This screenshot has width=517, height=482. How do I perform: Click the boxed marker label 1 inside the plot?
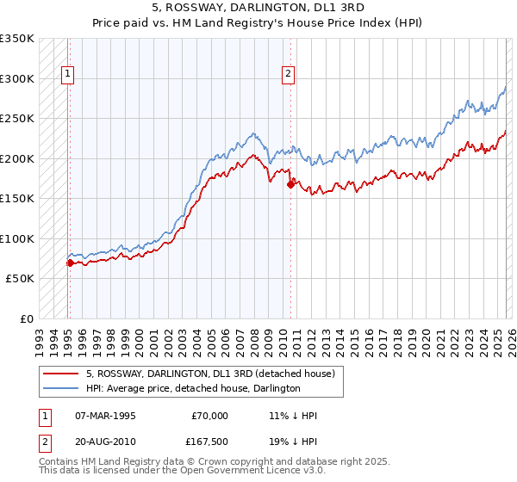[x=68, y=75]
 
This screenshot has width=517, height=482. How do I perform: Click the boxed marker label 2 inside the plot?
[x=288, y=75]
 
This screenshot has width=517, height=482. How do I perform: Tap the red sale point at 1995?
[x=69, y=263]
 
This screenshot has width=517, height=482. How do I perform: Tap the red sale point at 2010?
[x=290, y=184]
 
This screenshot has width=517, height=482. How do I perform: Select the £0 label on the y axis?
[x=26, y=318]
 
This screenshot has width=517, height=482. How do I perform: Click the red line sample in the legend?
[x=61, y=374]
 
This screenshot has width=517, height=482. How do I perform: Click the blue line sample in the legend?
[x=61, y=388]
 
